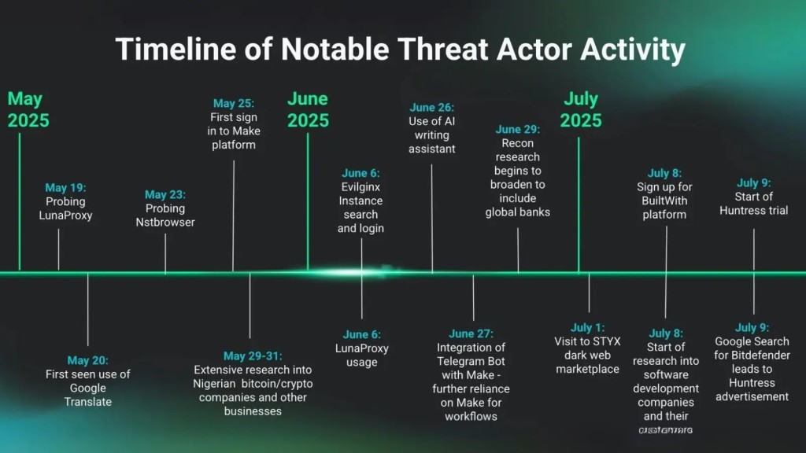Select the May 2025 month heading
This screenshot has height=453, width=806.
pyautogui.click(x=28, y=110)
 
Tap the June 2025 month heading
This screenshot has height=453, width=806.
pyautogui.click(x=308, y=110)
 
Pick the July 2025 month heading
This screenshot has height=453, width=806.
pyautogui.click(x=582, y=110)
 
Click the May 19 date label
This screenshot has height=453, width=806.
pyautogui.click(x=66, y=188)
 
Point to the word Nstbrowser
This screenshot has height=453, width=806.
pyautogui.click(x=165, y=223)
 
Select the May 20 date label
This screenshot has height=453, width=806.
pyautogui.click(x=87, y=360)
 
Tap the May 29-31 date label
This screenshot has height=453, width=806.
pyautogui.click(x=253, y=356)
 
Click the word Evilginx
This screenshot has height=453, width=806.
pyautogui.click(x=361, y=187)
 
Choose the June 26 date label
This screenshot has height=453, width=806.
pyautogui.click(x=431, y=107)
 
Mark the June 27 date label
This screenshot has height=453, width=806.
pyautogui.click(x=471, y=333)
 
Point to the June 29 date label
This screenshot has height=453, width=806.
pyautogui.click(x=519, y=129)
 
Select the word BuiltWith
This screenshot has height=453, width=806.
pyautogui.click(x=664, y=201)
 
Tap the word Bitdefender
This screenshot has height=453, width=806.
pyautogui.click(x=752, y=355)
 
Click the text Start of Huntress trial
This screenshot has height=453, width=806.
pyautogui.click(x=753, y=204)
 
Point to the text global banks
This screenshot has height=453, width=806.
pyautogui.click(x=517, y=212)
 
